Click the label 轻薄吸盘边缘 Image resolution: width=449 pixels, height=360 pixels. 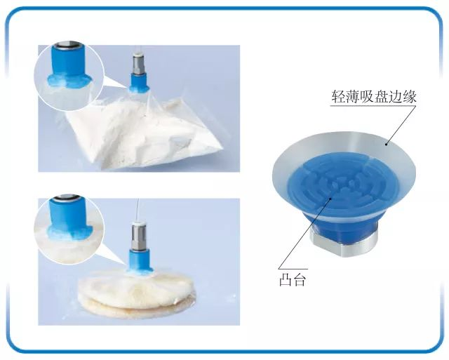[374, 97]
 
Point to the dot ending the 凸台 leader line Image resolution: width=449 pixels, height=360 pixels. [330, 199]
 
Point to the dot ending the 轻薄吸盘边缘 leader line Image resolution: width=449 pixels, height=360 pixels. [387, 144]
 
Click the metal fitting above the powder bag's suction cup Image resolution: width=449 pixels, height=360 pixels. [139, 64]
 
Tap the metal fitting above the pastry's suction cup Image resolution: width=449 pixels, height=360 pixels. [139, 235]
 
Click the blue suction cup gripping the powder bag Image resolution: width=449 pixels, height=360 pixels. [139, 83]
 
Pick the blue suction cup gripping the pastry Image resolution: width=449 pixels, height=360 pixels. [140, 262]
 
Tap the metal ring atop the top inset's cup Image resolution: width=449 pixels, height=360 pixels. [67, 46]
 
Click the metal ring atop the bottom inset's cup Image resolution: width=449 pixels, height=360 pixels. [67, 197]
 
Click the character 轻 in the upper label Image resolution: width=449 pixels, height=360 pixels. [338, 97]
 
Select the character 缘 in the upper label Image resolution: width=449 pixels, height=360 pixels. [410, 97]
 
